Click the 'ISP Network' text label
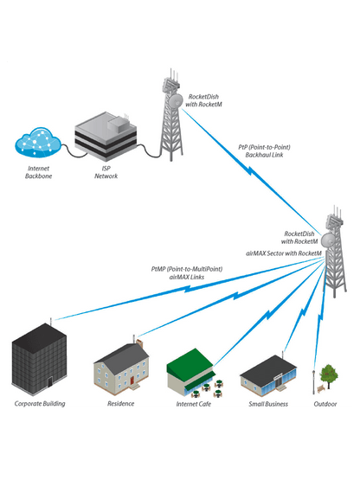tap(106, 172)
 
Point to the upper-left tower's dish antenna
tap(177, 101)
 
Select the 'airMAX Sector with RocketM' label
tap(285, 253)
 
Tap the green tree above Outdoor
tap(328, 374)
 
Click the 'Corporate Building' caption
tap(40, 404)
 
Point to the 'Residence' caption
tap(121, 404)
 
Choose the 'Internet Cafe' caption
tap(193, 404)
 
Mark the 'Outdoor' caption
tap(325, 404)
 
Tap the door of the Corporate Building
tap(51, 381)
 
